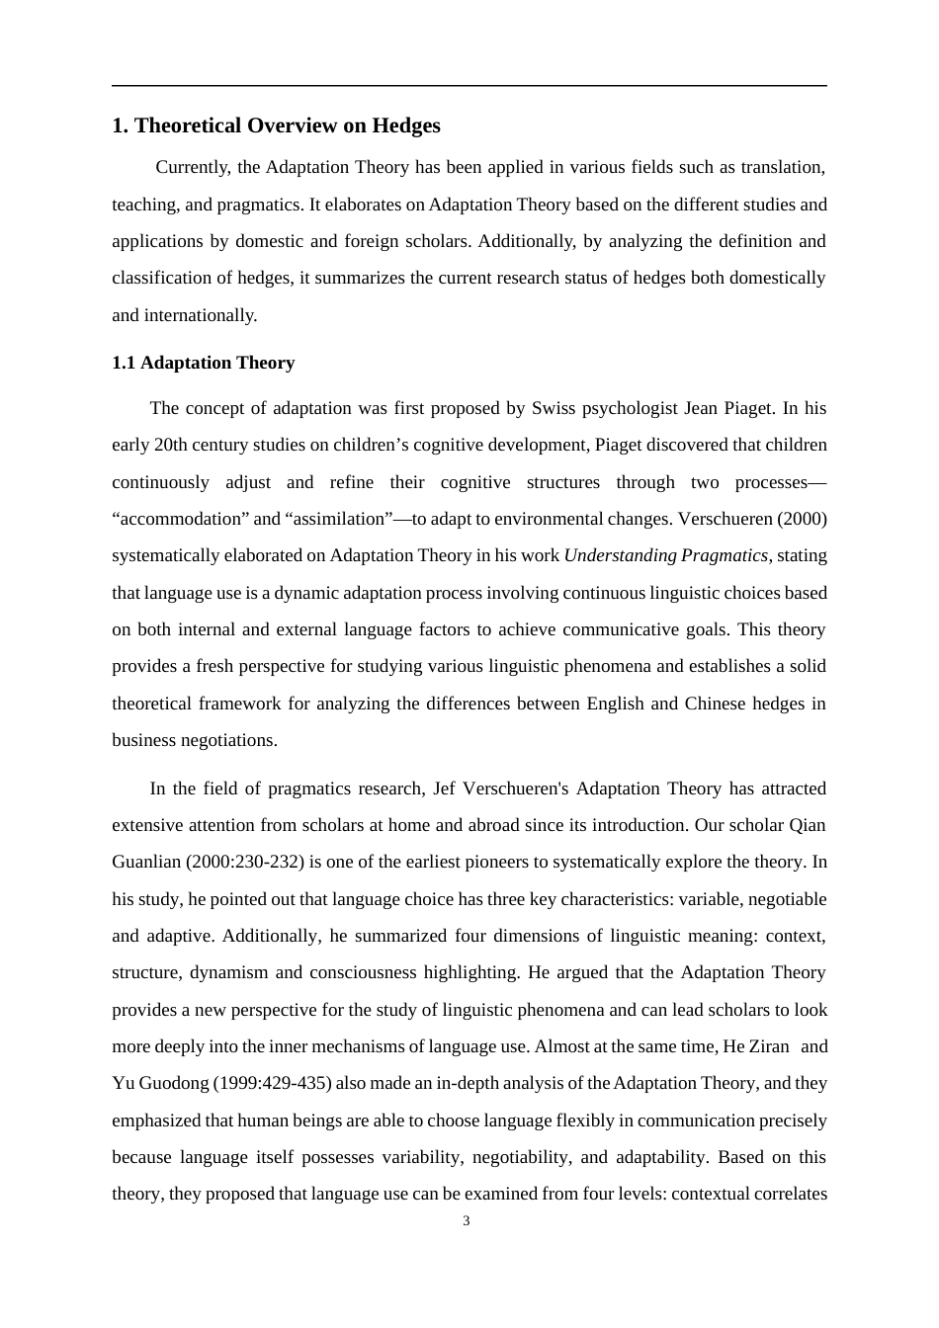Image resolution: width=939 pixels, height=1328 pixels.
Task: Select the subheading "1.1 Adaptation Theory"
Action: point(203,363)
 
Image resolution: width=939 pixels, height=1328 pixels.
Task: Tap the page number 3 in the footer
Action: point(467,1221)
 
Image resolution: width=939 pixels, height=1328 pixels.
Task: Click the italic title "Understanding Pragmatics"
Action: point(665,555)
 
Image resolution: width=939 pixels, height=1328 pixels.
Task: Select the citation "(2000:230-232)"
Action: point(244,862)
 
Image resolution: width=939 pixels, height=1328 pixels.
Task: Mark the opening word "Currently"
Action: point(192,167)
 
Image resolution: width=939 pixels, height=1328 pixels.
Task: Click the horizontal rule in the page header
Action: point(469,86)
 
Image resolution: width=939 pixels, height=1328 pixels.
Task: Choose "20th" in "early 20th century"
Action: point(175,445)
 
